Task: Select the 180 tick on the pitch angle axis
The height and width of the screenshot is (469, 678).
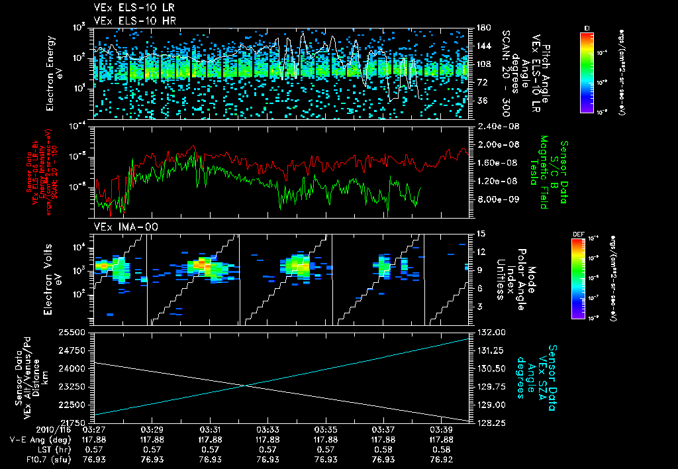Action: click(x=481, y=28)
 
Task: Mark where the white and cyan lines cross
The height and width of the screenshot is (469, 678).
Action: click(x=247, y=386)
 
